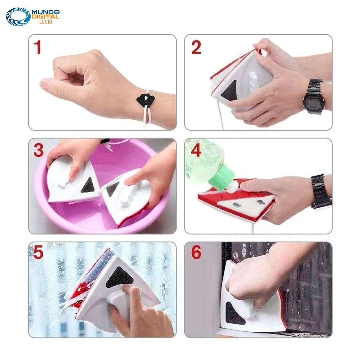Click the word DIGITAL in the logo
[x=46, y=17]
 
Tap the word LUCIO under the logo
[x=46, y=22]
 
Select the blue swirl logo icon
[x=18, y=16]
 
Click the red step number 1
[x=37, y=47]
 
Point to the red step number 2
[x=196, y=47]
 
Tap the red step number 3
[x=38, y=150]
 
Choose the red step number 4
[x=196, y=150]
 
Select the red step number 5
[x=38, y=252]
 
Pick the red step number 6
[x=196, y=252]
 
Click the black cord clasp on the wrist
[x=145, y=99]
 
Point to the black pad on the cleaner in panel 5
[x=119, y=277]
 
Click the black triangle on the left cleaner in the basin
[x=88, y=185]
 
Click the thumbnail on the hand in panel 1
[x=44, y=82]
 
